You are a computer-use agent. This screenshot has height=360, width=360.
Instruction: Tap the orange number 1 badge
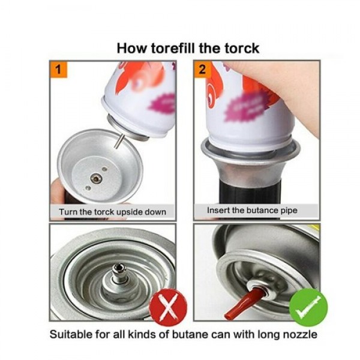(58, 70)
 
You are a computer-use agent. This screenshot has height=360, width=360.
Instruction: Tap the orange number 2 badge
(202, 70)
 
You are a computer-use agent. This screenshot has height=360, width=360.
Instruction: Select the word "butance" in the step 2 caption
(260, 211)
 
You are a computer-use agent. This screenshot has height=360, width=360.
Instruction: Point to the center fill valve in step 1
(94, 177)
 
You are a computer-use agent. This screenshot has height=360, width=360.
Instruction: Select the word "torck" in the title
(239, 47)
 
